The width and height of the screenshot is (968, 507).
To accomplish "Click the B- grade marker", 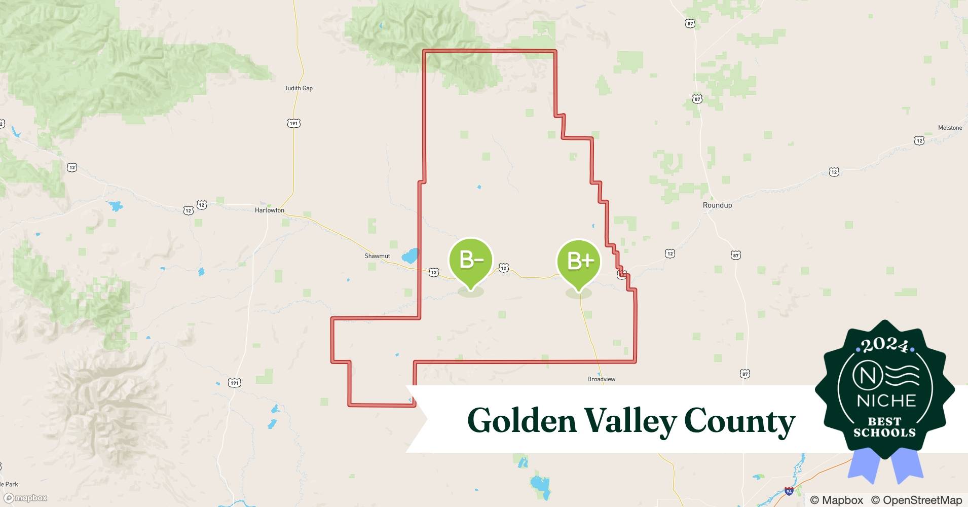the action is point(471,260).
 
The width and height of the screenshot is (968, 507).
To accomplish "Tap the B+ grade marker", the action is point(578,261).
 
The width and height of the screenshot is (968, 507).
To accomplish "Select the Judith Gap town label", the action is point(299,88).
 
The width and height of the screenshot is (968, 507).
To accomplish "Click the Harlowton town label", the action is point(269,210).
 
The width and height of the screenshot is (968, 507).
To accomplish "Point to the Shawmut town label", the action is point(377,256).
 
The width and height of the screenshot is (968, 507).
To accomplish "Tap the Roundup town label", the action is point(717,205).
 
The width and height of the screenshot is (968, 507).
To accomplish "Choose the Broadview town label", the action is point(601,379).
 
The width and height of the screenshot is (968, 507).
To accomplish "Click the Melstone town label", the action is point(950,128).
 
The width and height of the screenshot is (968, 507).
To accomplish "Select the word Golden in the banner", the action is point(522,420).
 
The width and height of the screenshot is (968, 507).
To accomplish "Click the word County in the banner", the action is point(739,420).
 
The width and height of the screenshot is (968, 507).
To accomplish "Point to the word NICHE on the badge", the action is point(886,401).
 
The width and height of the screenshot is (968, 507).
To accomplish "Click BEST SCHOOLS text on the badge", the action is point(884,427).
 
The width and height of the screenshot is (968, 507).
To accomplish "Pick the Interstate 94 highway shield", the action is point(789,491).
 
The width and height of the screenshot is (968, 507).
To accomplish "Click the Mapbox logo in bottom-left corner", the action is point(25,498).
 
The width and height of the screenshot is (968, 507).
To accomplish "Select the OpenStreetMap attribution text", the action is point(916,500).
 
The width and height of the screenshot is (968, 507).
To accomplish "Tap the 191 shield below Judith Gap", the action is point(294,123).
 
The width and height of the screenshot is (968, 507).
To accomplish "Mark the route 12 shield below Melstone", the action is point(919,140).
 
